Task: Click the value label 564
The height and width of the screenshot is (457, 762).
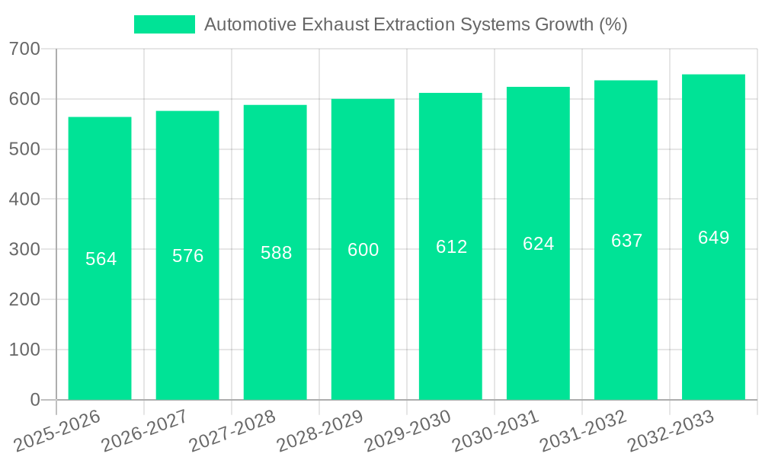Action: (101, 259)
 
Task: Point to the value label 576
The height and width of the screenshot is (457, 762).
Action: (188, 256)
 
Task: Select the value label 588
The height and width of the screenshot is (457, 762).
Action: (277, 253)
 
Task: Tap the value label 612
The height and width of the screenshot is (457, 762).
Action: (452, 247)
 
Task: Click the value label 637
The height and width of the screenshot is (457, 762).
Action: (627, 241)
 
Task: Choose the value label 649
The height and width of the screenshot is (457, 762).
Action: (714, 238)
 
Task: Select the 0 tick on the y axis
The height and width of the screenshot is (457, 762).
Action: (35, 400)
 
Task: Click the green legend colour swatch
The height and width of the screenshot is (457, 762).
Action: (165, 24)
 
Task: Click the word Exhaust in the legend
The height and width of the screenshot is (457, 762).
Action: (331, 24)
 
